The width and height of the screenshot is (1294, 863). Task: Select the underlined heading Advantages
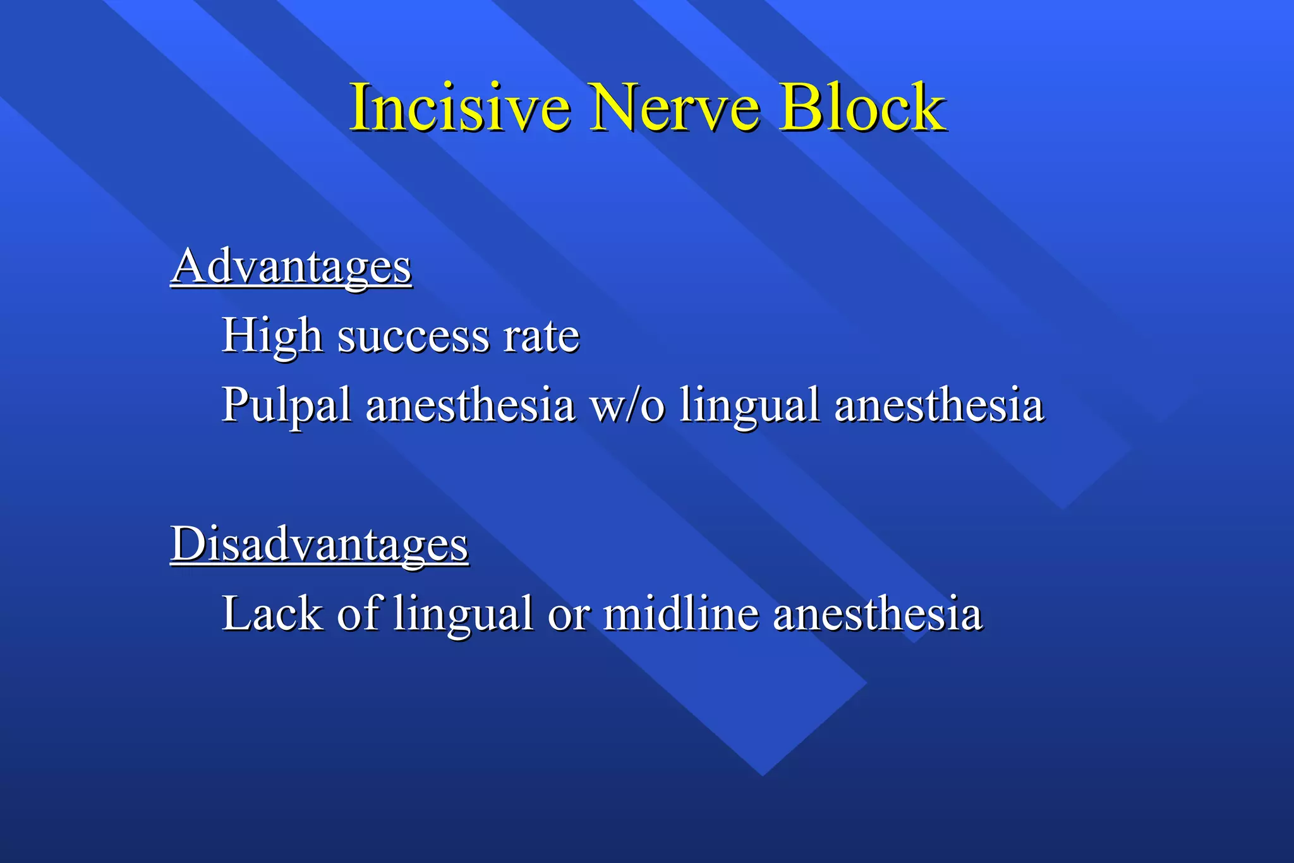coord(291,267)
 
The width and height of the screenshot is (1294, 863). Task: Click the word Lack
coord(272,613)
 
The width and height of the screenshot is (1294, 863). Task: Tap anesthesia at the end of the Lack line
coord(878,613)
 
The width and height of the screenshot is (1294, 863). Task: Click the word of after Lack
coord(358,613)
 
